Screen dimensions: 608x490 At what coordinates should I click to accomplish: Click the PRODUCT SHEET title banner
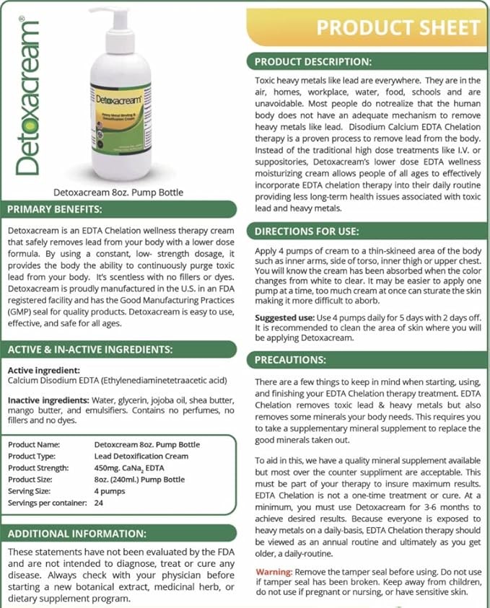click(x=398, y=27)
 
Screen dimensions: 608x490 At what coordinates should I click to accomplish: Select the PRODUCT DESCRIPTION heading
click(x=312, y=61)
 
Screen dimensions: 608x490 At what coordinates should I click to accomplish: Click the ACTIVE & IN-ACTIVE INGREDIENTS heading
click(x=89, y=350)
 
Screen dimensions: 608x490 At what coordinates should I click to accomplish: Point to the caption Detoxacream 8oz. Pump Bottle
click(x=119, y=193)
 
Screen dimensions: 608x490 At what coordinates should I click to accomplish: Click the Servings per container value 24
click(x=99, y=503)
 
